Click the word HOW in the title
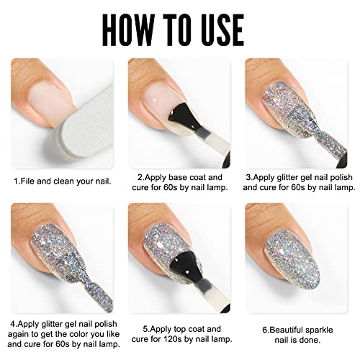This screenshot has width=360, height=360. [x=127, y=30]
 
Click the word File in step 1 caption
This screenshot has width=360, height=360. [x=27, y=181]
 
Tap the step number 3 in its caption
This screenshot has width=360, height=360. [x=248, y=178]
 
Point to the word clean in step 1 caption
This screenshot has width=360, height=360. [x=64, y=181]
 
